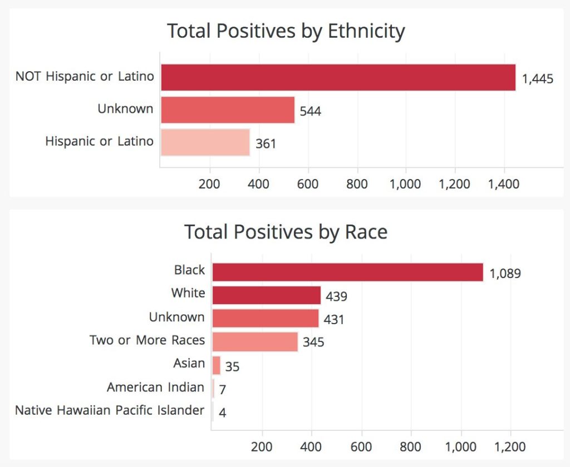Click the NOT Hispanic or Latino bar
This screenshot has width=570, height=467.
(338, 77)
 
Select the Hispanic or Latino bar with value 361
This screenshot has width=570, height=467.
(205, 142)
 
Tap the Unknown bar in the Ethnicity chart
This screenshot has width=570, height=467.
(228, 110)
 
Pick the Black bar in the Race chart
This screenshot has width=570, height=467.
(347, 272)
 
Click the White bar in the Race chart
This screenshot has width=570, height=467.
(266, 295)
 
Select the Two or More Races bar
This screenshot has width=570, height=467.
(255, 341)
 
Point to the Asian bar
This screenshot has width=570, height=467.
(217, 365)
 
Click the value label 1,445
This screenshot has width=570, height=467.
(537, 79)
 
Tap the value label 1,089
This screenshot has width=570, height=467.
(505, 274)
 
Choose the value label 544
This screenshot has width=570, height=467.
(310, 111)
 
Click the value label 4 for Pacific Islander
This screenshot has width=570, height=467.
(222, 413)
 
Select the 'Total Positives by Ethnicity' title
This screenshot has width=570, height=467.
(286, 31)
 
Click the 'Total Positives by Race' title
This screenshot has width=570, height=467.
(286, 231)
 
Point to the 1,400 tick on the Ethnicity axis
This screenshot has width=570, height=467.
(504, 184)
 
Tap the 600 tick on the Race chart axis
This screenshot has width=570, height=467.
(362, 446)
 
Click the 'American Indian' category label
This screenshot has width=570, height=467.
(155, 387)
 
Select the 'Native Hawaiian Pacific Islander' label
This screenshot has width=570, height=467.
(110, 410)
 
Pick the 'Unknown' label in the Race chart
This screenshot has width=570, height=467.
(176, 317)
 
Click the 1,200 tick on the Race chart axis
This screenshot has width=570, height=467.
(510, 446)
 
